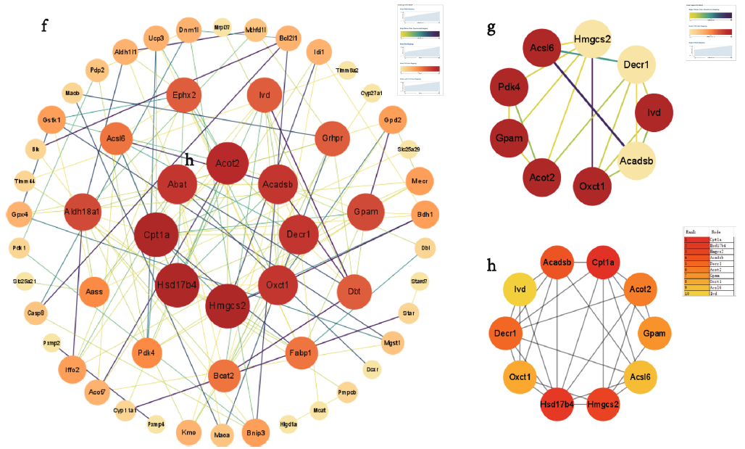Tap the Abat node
tap(178, 184)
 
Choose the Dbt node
tap(355, 292)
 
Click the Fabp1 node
tap(303, 353)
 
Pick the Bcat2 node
tap(224, 375)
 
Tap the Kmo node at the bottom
tap(190, 433)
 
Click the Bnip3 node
tap(257, 433)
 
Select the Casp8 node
tap(36, 313)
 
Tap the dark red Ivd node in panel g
tap(654, 113)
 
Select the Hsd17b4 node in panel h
tap(556, 403)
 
